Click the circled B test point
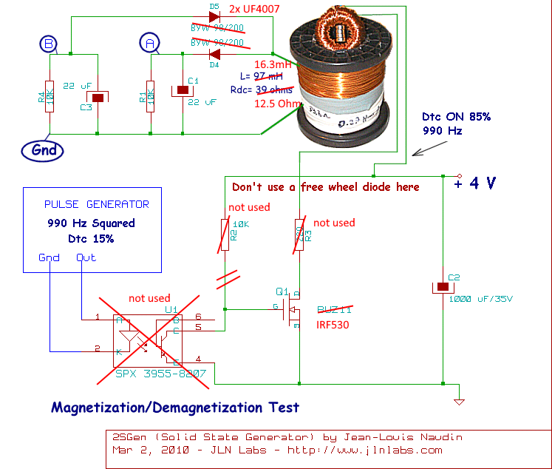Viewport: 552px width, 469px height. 49,45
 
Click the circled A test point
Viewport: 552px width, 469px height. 150,45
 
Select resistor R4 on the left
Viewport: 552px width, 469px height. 50,96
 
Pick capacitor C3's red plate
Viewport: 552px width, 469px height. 98,97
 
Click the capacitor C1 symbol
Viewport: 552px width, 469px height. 183,90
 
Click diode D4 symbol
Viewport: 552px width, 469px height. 215,54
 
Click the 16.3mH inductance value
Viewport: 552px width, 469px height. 274,64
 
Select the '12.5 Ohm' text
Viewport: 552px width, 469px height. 278,103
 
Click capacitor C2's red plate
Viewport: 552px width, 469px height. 442,287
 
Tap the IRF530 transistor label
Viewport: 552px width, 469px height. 332,325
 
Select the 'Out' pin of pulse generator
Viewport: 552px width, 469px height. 86,257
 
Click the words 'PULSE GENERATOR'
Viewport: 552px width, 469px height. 97,204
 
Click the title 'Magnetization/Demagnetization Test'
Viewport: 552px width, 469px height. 175,407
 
